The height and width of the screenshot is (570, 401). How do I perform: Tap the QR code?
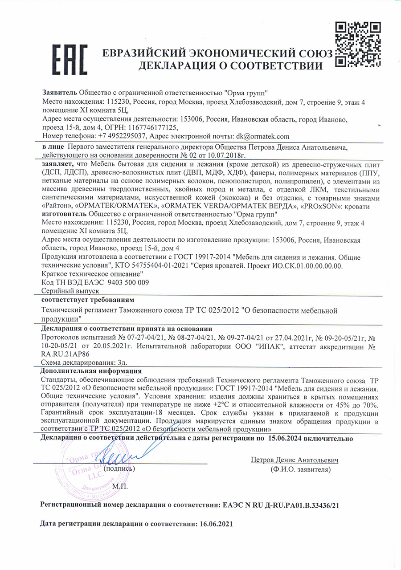point(356,44)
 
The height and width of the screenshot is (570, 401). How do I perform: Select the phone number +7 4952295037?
point(121,136)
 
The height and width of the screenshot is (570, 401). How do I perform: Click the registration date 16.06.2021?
point(214,525)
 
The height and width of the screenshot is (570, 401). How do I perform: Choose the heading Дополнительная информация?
point(91,370)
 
